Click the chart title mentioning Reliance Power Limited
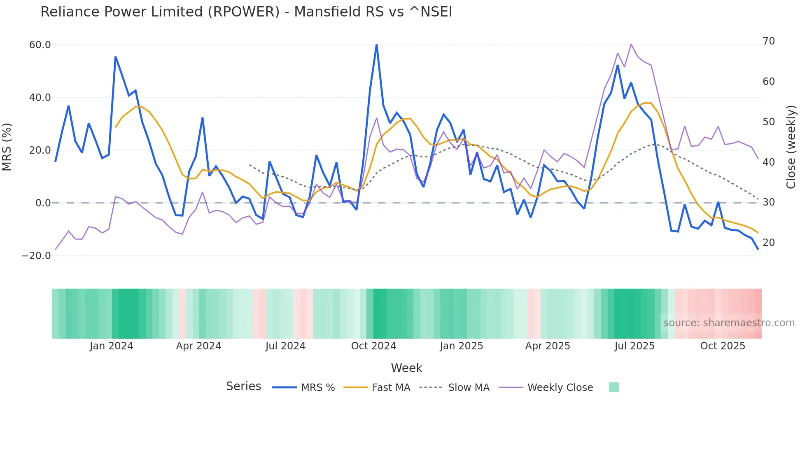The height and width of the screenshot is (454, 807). tap(246, 12)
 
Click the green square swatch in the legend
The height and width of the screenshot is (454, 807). tap(613, 387)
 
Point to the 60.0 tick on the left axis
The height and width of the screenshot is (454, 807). tap(40, 45)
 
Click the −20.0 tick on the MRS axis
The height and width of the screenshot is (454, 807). tap(36, 256)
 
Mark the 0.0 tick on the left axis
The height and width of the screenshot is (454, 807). tap(43, 203)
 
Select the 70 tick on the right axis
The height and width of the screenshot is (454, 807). tap(769, 41)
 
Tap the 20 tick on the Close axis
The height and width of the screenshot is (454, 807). tap(769, 243)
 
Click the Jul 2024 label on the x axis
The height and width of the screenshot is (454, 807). tap(285, 346)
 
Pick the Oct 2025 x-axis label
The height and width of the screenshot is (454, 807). tap(723, 346)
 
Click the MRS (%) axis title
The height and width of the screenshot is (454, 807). tap(7, 147)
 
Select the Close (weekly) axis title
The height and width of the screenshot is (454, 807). tap(791, 147)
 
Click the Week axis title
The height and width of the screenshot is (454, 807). tap(406, 368)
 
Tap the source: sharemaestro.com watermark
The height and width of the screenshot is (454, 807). tap(729, 323)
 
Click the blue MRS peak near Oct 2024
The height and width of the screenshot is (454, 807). tap(376, 45)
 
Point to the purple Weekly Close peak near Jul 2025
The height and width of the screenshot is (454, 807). tap(631, 44)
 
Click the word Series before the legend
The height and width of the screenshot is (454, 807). tap(243, 386)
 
